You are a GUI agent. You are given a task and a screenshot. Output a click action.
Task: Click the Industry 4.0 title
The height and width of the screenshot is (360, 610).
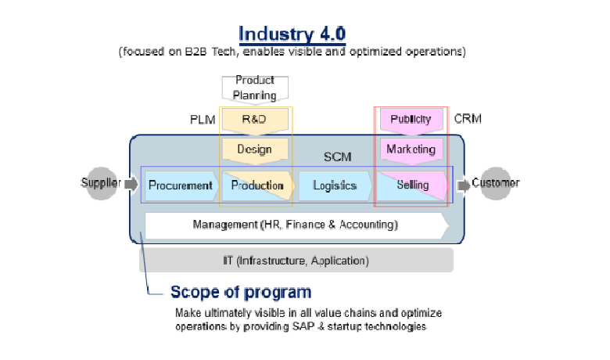pos(292,34)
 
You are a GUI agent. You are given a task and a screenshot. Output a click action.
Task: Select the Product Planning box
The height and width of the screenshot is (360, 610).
pos(255,88)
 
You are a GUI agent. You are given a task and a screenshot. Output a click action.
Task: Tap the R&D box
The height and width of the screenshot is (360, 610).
pos(255,120)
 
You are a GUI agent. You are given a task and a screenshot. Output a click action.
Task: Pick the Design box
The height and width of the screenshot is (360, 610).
pos(255,149)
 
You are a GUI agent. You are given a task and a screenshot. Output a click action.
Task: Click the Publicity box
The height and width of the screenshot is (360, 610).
pos(411,120)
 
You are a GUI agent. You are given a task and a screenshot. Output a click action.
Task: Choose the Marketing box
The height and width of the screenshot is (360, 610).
pos(411,149)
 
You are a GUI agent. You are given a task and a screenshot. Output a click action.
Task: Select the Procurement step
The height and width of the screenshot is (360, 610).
pos(181,185)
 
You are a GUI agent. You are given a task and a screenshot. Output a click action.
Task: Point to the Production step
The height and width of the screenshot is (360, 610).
pos(257,185)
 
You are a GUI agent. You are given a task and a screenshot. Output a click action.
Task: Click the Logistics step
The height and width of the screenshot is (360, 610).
pos(334,185)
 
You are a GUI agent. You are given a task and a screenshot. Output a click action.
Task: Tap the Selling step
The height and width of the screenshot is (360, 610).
pos(412,185)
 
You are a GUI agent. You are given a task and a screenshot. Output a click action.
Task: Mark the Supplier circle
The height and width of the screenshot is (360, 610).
pos(102,184)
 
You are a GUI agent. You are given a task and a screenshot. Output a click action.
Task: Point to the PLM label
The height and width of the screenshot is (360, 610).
pos(202,120)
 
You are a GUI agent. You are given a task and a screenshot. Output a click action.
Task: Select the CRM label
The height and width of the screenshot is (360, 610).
pos(468,119)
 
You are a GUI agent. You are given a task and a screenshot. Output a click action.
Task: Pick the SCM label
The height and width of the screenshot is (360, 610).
pos(337,157)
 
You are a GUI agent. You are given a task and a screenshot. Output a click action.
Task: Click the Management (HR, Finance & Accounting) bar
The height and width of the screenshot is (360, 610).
pos(296,225)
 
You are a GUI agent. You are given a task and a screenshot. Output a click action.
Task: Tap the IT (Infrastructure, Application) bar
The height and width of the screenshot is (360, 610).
pos(296,260)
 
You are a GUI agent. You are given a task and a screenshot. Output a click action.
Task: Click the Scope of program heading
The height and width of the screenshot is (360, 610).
pos(241,293)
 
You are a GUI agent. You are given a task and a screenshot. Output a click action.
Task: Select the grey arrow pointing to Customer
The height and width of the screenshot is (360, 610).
pos(464,185)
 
